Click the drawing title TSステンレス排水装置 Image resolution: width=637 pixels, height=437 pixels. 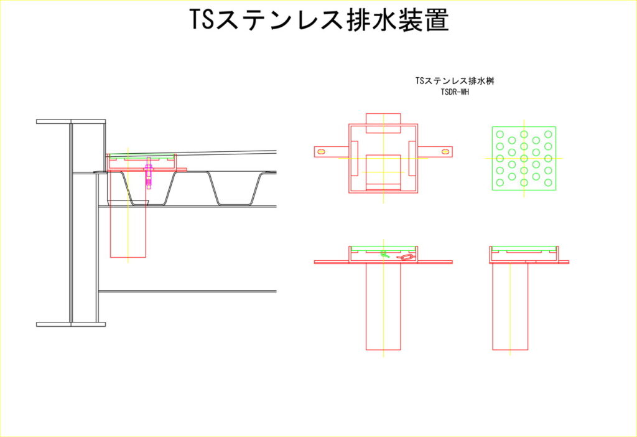(319, 19)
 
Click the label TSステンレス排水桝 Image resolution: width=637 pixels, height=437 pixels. (455, 80)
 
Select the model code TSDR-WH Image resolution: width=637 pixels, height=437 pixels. (455, 92)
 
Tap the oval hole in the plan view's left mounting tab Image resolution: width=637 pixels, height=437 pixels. (321, 152)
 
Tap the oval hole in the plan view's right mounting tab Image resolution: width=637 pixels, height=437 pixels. (445, 152)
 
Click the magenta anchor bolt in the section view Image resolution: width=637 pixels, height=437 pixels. (149, 173)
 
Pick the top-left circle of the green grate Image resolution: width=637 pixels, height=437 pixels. (500, 134)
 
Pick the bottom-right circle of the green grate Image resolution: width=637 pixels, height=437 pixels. (548, 182)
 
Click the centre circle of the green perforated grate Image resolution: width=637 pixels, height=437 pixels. (524, 158)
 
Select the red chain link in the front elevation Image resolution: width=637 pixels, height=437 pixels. (406, 257)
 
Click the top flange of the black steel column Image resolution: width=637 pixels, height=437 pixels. (71, 121)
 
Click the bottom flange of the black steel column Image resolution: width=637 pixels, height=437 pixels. (71, 324)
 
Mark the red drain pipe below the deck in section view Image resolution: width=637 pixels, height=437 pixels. (128, 232)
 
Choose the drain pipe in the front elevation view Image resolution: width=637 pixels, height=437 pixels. (383, 306)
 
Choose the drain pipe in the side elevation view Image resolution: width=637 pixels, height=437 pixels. (510, 306)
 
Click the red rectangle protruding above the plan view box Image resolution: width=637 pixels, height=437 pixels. (383, 123)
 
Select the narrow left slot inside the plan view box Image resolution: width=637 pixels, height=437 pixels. (354, 159)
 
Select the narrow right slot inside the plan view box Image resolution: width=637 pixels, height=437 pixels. (412, 159)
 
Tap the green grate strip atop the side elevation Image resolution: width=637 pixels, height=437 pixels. (524, 248)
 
